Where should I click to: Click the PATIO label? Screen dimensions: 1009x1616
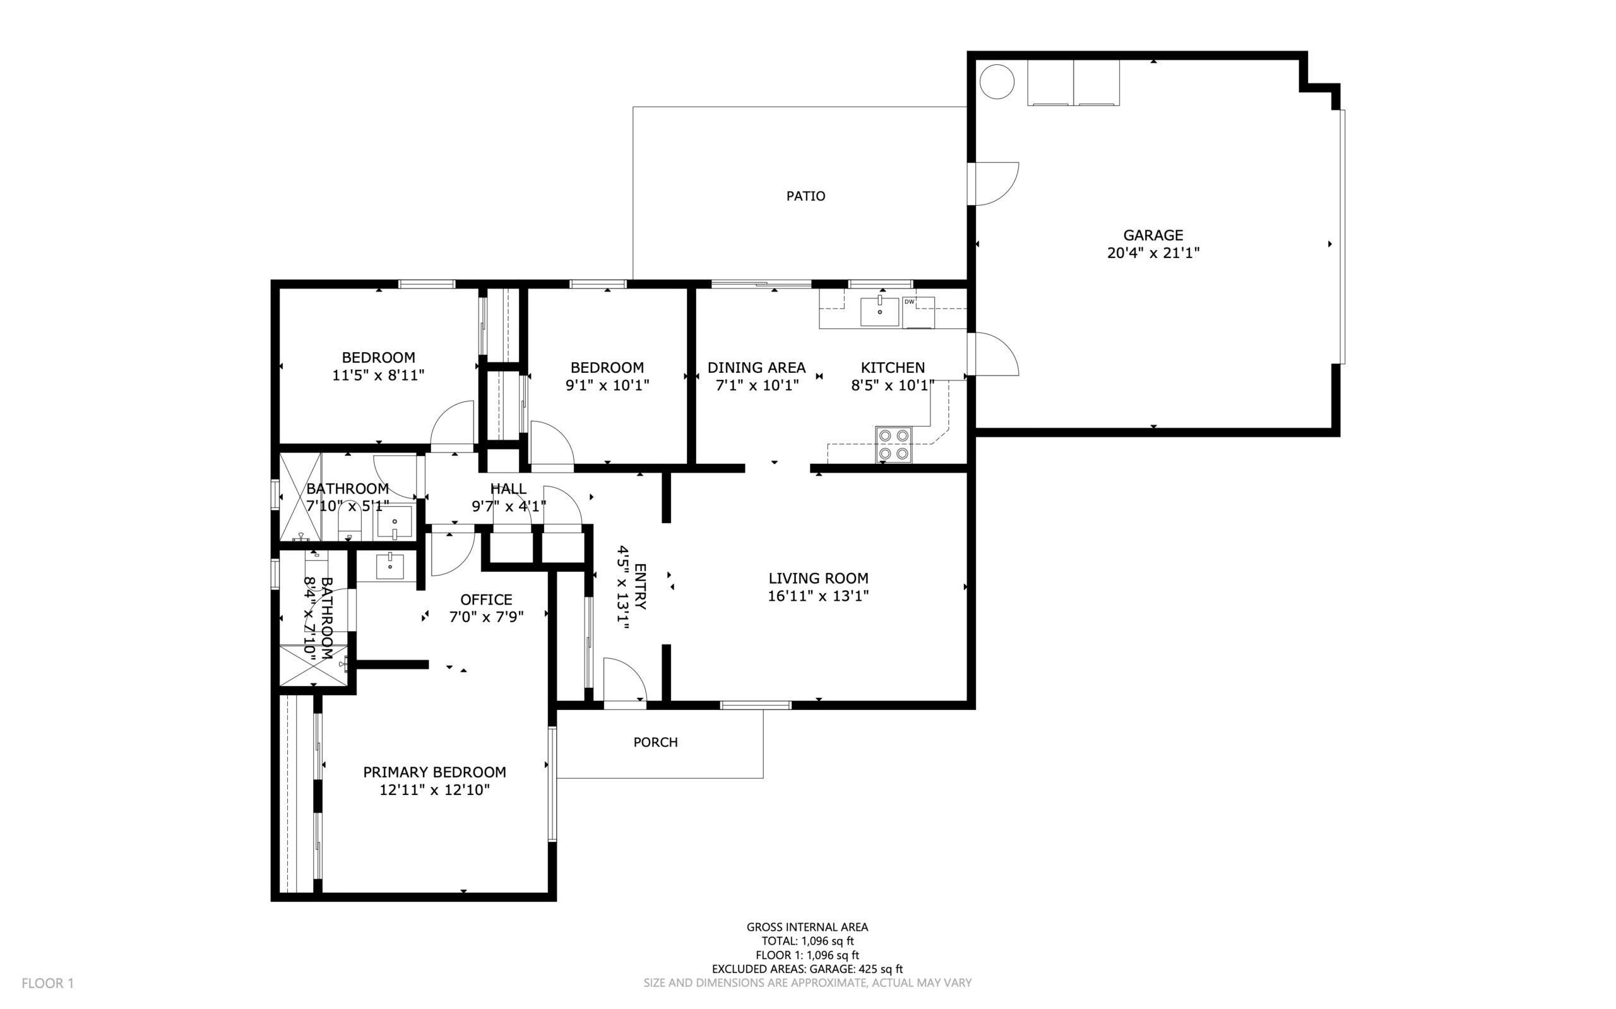coord(805,196)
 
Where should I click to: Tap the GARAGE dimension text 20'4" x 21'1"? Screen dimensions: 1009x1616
coord(1153,253)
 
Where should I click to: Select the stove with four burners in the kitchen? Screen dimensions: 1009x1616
coord(894,444)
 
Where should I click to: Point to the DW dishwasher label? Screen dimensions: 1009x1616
coord(909,302)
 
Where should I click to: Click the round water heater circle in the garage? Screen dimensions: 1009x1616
coord(997,82)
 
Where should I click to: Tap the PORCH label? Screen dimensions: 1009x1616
coord(655,742)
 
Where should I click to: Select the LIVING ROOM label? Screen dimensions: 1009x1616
coord(817,578)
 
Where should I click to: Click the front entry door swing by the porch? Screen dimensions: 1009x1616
coord(624,681)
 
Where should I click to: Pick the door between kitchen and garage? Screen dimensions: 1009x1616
coord(995,355)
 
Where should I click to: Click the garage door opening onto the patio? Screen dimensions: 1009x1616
coord(995,184)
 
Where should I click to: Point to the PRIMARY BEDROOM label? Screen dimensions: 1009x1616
coord(434,772)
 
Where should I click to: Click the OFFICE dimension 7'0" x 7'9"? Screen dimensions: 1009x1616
coord(486,617)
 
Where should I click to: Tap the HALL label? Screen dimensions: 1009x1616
coord(508,488)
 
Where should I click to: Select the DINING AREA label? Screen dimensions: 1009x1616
coord(756,368)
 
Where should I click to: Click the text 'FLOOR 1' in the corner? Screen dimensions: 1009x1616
coord(47,983)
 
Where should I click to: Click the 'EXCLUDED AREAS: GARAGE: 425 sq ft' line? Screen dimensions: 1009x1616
coord(806,969)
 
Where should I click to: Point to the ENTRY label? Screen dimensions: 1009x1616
coord(639,587)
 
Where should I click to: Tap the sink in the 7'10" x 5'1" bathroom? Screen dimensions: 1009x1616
coord(394,522)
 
